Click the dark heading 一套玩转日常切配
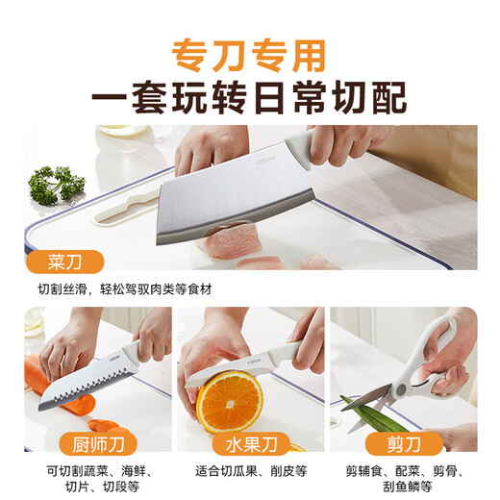pos(250,97)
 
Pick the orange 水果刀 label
pos(249,445)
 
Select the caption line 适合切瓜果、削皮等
pos(249,471)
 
